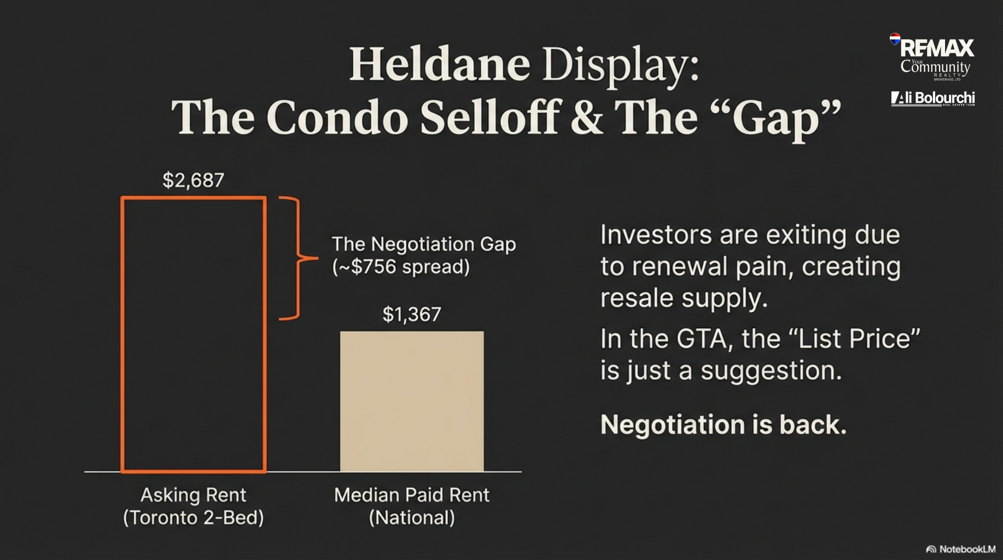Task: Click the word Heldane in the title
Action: tap(440, 64)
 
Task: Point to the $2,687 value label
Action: tap(194, 180)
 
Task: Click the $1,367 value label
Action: tap(412, 314)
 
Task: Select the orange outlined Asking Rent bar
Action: tap(121, 334)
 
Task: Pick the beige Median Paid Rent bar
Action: tap(412, 401)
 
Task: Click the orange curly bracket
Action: tap(299, 258)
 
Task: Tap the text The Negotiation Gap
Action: tap(424, 244)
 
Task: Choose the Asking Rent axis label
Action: tap(194, 506)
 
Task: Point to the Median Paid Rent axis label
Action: tap(412, 506)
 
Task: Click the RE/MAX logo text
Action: tap(937, 48)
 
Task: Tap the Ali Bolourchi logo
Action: tap(933, 98)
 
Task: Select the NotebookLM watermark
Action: tap(961, 549)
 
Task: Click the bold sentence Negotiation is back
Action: tap(724, 425)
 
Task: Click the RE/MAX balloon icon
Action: tap(895, 39)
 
